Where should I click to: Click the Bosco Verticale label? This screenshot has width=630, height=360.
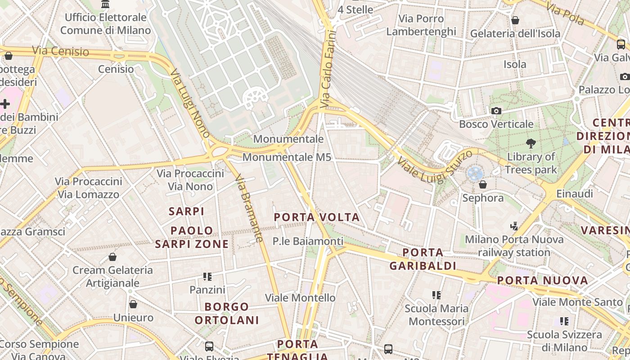[496, 124]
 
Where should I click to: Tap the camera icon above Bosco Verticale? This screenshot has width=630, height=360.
[496, 111]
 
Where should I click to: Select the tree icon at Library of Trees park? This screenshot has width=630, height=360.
[531, 144]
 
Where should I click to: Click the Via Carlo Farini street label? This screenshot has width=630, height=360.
[328, 69]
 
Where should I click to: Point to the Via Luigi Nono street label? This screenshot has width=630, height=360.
[190, 103]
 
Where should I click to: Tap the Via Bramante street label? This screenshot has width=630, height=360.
[249, 208]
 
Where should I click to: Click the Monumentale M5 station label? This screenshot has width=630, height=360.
[287, 157]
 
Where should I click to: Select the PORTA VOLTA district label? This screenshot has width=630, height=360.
[317, 217]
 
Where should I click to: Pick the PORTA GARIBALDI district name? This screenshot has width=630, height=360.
[423, 259]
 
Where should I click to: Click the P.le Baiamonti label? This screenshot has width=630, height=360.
[308, 241]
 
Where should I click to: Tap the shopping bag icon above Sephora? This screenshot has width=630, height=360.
[483, 184]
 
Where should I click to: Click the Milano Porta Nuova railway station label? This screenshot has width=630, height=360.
[514, 246]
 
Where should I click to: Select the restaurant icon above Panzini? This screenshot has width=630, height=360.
[207, 276]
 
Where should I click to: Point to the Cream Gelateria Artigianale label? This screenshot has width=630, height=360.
[112, 277]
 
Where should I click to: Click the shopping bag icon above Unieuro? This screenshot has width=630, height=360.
[133, 304]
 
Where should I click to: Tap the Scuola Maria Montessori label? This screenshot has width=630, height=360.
[436, 315]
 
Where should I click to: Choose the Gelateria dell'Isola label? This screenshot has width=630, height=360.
[515, 34]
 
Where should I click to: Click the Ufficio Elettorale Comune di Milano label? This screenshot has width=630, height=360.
[105, 24]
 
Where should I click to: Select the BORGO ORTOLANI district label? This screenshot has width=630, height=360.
[227, 314]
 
